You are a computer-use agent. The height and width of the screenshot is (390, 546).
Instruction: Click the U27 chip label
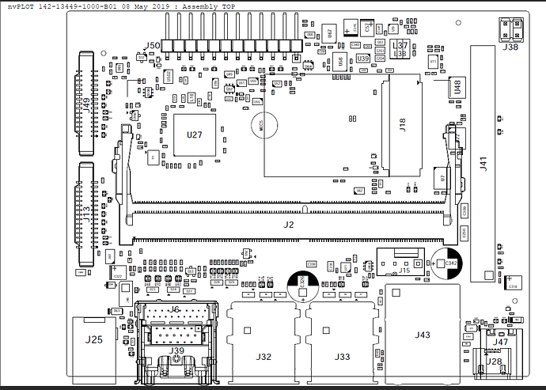(195, 134)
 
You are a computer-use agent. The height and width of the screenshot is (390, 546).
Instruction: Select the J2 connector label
(289, 225)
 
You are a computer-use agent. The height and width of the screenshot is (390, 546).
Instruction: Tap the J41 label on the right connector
(483, 165)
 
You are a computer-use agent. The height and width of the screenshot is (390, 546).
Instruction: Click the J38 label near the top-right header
(511, 47)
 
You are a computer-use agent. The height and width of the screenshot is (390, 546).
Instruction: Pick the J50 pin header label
(150, 45)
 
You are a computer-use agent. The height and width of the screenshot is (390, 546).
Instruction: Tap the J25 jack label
(94, 340)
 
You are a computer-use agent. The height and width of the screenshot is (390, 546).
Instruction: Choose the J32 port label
(264, 357)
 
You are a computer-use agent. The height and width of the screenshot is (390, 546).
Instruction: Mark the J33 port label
(342, 357)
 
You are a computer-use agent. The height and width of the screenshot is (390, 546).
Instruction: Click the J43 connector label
(423, 335)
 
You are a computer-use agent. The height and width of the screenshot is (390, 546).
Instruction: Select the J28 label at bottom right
(494, 361)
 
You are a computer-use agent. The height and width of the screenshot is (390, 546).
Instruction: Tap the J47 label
(502, 342)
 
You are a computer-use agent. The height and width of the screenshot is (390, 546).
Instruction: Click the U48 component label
(458, 87)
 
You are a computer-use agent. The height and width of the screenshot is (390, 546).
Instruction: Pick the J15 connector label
(404, 271)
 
